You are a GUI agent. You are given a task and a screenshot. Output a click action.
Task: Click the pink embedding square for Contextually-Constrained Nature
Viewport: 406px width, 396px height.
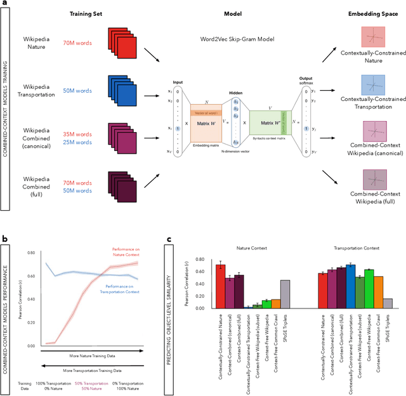pyautogui.click(x=372, y=36)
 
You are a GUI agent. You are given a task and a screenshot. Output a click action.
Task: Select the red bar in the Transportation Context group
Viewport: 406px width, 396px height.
pyautogui.click(x=322, y=291)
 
